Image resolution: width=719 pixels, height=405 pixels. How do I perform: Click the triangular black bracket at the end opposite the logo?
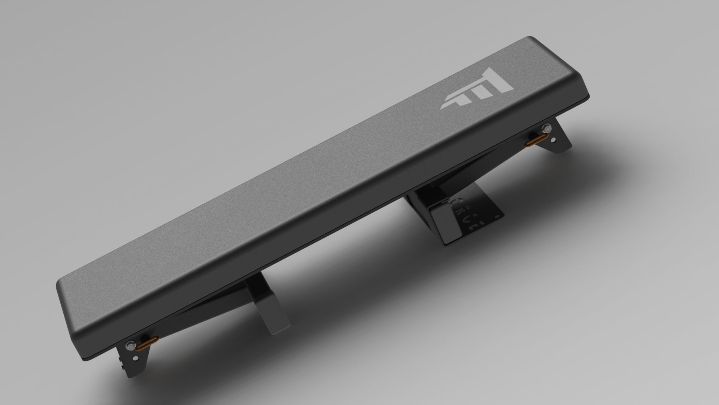point(135,360)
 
